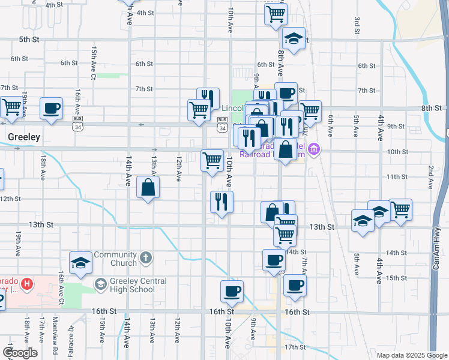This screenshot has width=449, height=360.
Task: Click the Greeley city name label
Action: coord(24,137)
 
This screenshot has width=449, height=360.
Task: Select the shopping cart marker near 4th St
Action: coord(276,14)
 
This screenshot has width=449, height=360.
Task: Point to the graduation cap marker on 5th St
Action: coord(294,39)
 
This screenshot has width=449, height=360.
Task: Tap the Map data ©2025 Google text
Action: coord(412,355)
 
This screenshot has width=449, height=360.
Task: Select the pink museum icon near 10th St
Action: coord(313,149)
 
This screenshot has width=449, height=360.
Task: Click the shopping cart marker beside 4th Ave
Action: coord(400,211)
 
